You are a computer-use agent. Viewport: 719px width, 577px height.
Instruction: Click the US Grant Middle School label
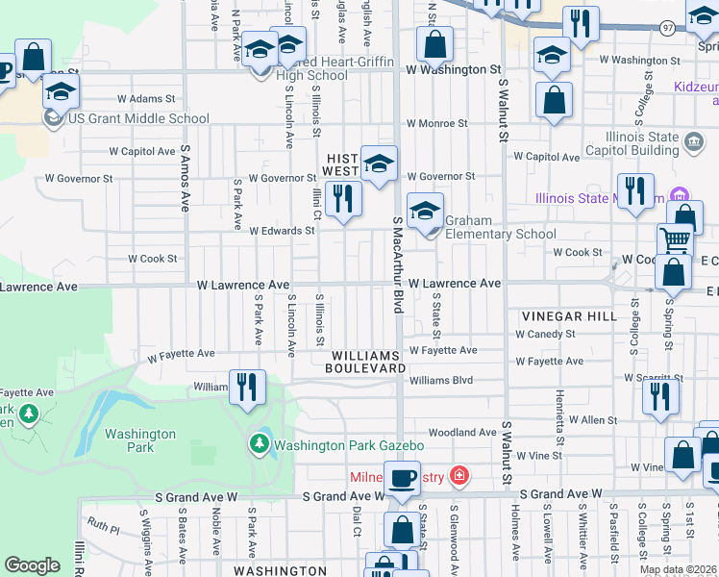(x=137, y=119)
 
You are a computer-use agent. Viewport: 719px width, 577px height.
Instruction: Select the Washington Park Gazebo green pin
(x=259, y=444)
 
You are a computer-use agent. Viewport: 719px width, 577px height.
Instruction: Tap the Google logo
(x=32, y=565)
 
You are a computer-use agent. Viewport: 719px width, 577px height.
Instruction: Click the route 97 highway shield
(x=667, y=29)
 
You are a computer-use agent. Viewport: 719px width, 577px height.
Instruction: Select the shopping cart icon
(x=676, y=239)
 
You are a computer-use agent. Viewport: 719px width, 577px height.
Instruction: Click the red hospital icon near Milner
(x=459, y=476)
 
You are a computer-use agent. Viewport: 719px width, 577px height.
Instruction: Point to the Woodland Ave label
(x=462, y=433)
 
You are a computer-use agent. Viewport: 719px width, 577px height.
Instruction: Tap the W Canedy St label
(x=545, y=334)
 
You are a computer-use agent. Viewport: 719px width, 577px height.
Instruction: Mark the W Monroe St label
(x=436, y=124)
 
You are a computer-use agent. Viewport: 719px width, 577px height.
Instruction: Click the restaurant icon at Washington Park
(x=247, y=388)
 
